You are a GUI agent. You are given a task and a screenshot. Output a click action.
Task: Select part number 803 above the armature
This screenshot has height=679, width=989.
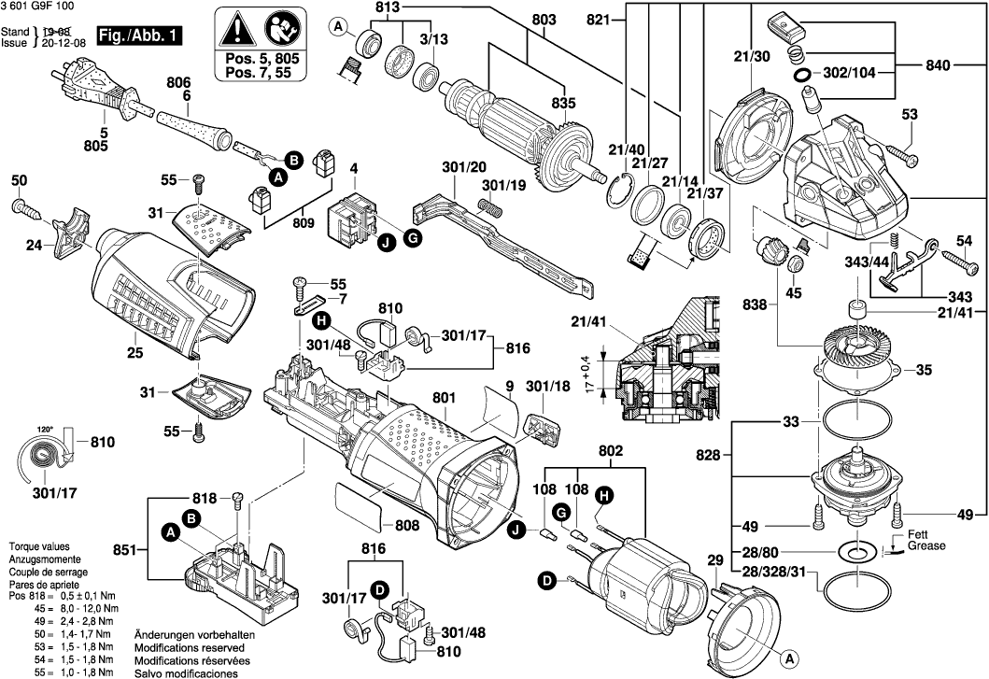click(x=544, y=21)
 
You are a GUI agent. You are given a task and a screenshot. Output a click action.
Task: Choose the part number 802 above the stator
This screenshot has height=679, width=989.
click(x=611, y=451)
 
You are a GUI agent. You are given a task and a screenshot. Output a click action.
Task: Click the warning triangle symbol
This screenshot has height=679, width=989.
click(x=239, y=30)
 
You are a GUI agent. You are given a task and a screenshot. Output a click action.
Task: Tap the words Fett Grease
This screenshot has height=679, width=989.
click(x=925, y=539)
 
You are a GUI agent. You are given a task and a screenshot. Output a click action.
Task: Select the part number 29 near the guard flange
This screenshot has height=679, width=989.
click(x=715, y=561)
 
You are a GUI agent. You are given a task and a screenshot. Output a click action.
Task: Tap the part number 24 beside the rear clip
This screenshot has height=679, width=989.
click(x=35, y=246)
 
